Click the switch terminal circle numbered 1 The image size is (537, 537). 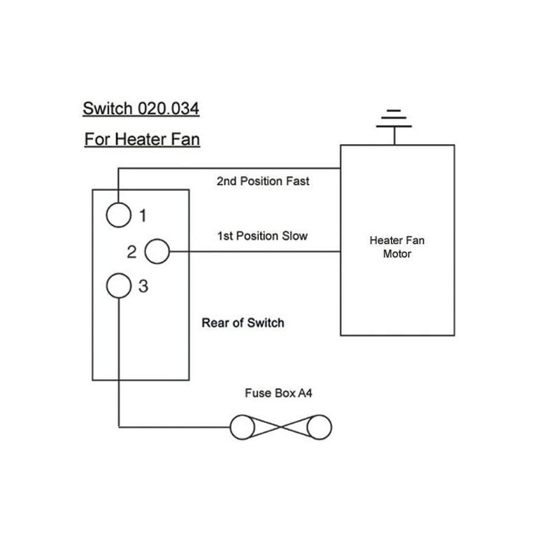point(118,215)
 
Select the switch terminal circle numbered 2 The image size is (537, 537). point(157,251)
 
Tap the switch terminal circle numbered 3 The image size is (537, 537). point(119,285)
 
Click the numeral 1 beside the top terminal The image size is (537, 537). point(143,215)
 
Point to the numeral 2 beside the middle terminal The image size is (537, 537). point(131,252)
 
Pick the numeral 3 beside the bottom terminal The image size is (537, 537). point(143,286)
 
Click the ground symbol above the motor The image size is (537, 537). point(394,120)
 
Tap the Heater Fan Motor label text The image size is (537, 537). point(396,247)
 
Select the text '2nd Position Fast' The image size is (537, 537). point(263,181)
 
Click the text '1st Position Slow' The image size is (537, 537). point(262,236)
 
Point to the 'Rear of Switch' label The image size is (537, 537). point(243,323)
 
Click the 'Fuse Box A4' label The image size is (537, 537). point(278,394)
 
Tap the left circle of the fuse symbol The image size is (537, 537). point(243,427)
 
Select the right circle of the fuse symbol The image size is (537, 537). point(319,427)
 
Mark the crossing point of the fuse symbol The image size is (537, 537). point(280,427)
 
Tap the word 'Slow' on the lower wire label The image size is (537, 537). point(294,236)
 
